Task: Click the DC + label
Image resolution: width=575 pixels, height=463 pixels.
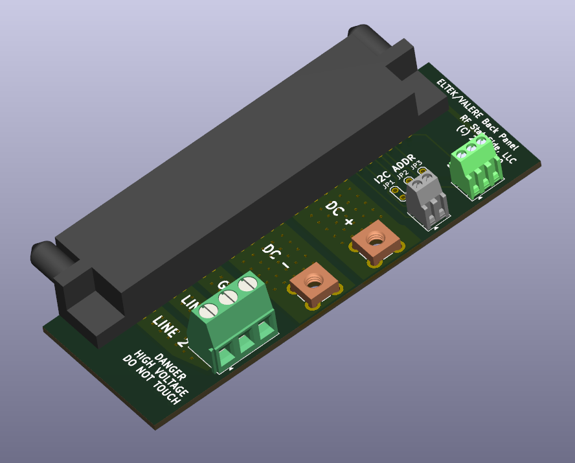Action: [x=340, y=214]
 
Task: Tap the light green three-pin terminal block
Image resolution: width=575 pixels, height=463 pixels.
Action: [x=477, y=165]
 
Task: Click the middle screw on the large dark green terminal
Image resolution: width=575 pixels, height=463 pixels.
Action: [x=227, y=298]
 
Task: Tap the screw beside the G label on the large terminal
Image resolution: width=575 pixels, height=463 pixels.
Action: [x=247, y=284]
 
